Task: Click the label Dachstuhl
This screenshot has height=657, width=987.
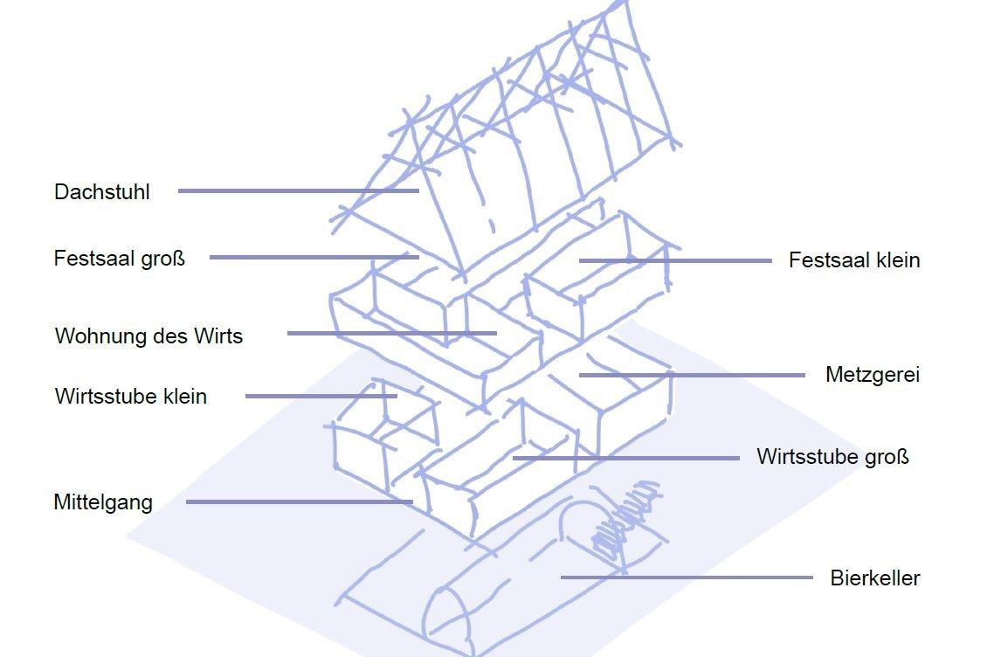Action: coord(102,192)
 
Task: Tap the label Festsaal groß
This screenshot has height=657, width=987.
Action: coord(120,259)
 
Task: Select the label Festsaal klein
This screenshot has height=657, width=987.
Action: coord(853,260)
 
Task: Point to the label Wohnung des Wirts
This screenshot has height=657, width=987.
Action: coord(148,336)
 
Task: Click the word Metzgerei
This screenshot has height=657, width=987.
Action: coord(872,375)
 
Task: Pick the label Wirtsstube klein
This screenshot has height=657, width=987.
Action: coord(131,396)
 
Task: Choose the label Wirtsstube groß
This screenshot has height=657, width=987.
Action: coord(832,457)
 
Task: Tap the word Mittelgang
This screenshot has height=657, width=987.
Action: coord(103,502)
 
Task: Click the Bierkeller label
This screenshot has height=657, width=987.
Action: coord(874,577)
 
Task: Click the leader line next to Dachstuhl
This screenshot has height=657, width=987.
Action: coord(297,190)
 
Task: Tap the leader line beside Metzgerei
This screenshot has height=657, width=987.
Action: coord(690,375)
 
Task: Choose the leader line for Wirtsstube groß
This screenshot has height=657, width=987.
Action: coord(625,457)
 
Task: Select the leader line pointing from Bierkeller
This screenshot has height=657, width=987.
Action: coord(686,577)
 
